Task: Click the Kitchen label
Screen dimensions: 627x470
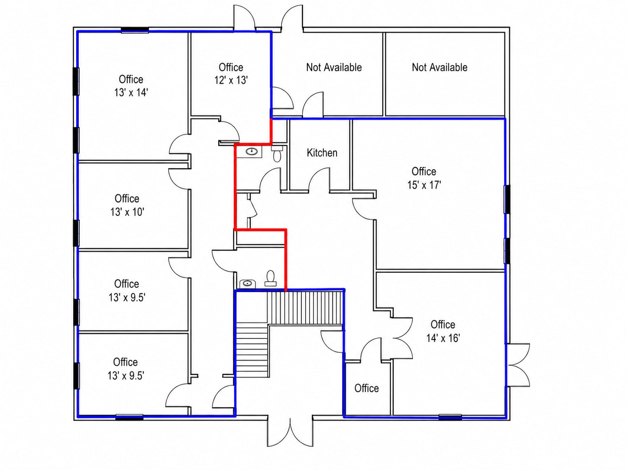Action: pos(322,153)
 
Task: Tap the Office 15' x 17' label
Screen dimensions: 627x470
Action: pos(424,178)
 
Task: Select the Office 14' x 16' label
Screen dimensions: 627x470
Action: pos(443,332)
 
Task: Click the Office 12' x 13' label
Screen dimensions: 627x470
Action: pos(231,74)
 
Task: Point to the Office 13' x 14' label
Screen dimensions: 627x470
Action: pos(131,86)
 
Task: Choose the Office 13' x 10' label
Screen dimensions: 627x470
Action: pos(127,205)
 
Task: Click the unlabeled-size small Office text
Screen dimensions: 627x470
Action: pos(367,388)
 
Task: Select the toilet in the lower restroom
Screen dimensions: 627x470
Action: pos(270,278)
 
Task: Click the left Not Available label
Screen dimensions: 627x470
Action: pos(334,68)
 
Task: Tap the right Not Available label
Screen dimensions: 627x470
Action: pos(440,68)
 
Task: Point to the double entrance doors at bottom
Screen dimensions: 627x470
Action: pos(290,431)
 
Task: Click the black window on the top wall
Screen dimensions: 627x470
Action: pos(135,30)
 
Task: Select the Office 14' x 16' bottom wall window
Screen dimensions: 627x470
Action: pos(450,417)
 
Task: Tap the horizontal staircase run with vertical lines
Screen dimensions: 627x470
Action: pos(305,308)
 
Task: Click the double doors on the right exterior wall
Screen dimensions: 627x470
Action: pos(518,365)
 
